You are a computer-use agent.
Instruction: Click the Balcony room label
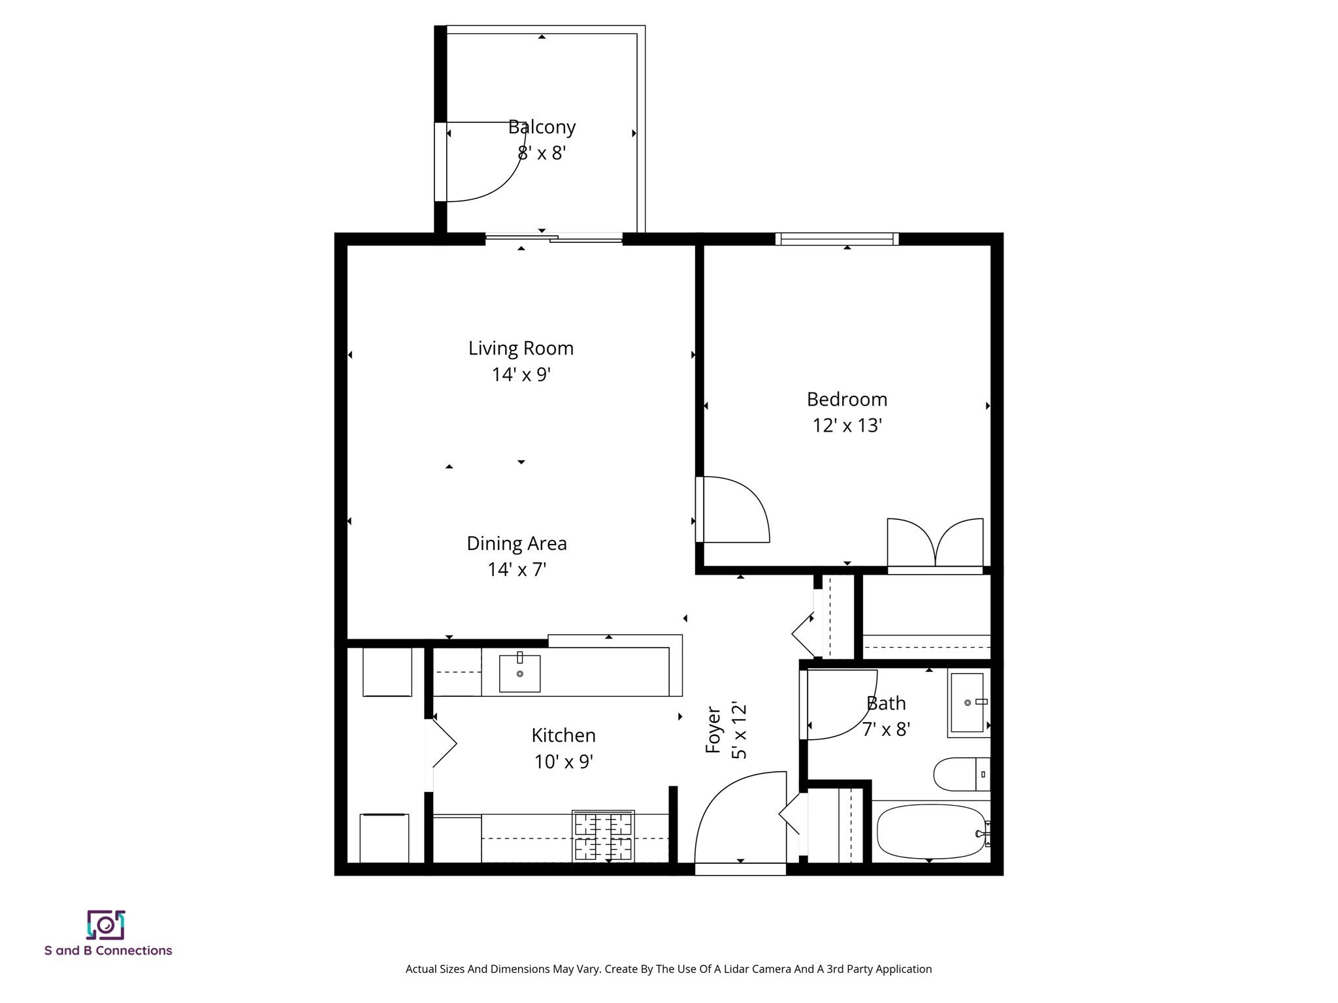point(542,127)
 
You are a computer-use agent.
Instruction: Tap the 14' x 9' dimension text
point(521,374)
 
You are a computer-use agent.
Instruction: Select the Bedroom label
point(847,399)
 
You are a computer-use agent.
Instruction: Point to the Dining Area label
point(516,543)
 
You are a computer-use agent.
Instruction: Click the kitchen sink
point(519,673)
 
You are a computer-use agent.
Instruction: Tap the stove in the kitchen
point(603,836)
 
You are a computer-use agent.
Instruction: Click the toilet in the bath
point(960,774)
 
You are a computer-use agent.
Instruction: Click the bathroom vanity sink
point(968,703)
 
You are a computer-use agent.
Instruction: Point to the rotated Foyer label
point(713,729)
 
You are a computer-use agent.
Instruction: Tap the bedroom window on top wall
point(837,239)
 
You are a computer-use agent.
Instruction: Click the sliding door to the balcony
point(554,239)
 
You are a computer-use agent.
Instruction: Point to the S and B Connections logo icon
point(106,925)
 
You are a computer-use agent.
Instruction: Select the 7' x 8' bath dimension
point(886,729)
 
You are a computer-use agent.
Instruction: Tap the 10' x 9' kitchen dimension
point(563,761)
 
